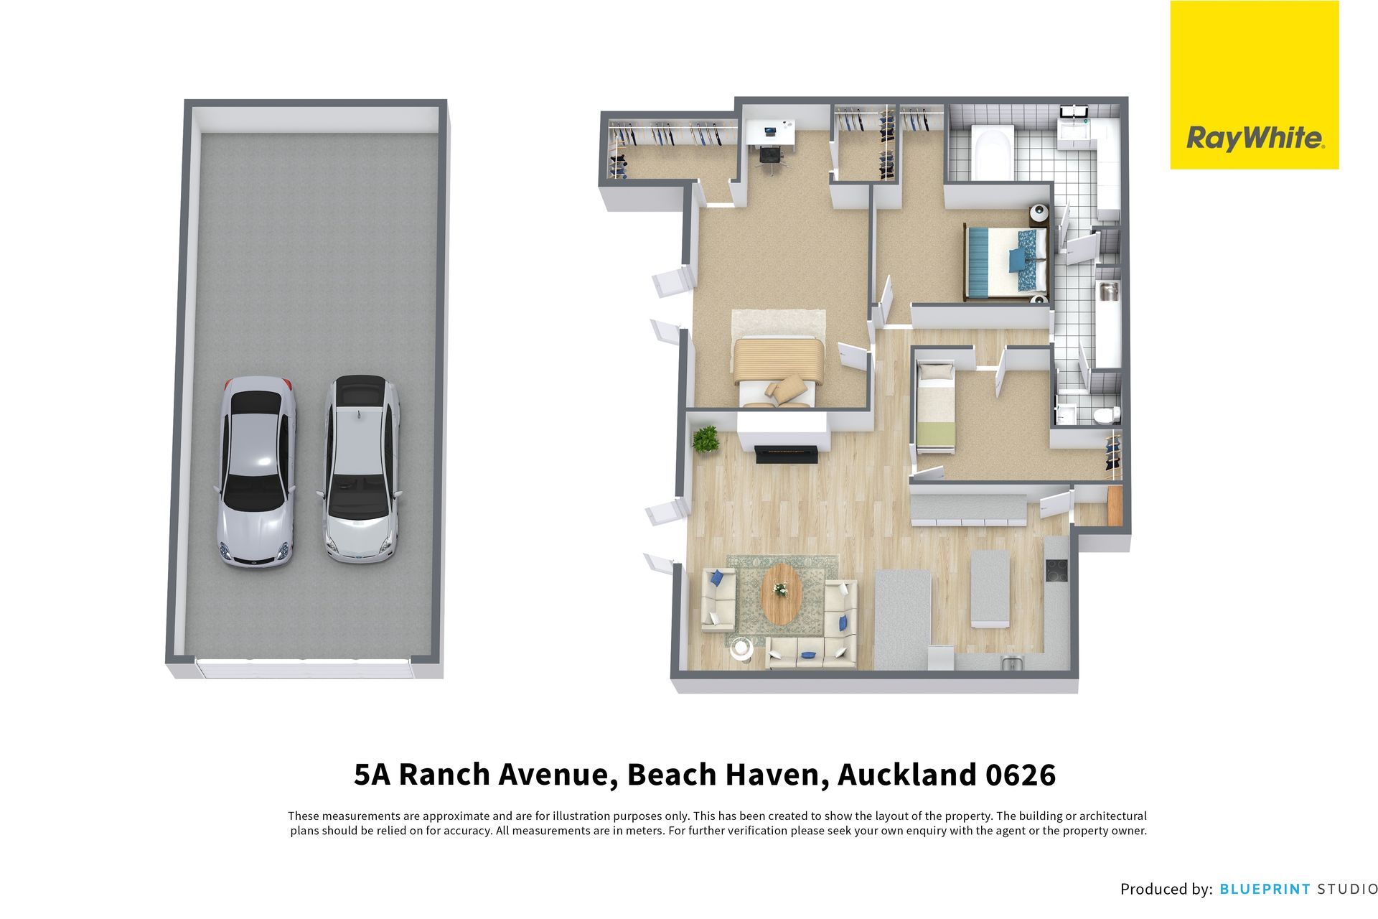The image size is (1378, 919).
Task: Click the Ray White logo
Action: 1254,85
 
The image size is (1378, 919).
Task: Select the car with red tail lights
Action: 256,470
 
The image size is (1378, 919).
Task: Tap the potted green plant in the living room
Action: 706,439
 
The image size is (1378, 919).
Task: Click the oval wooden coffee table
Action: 781,593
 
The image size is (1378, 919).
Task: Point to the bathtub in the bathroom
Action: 993,152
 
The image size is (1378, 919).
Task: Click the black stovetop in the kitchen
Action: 1056,570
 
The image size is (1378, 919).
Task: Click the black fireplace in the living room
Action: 787,453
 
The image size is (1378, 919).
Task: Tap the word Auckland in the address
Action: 906,775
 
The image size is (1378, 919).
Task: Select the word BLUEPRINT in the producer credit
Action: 1265,889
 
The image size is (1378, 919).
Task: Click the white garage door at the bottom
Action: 305,668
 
